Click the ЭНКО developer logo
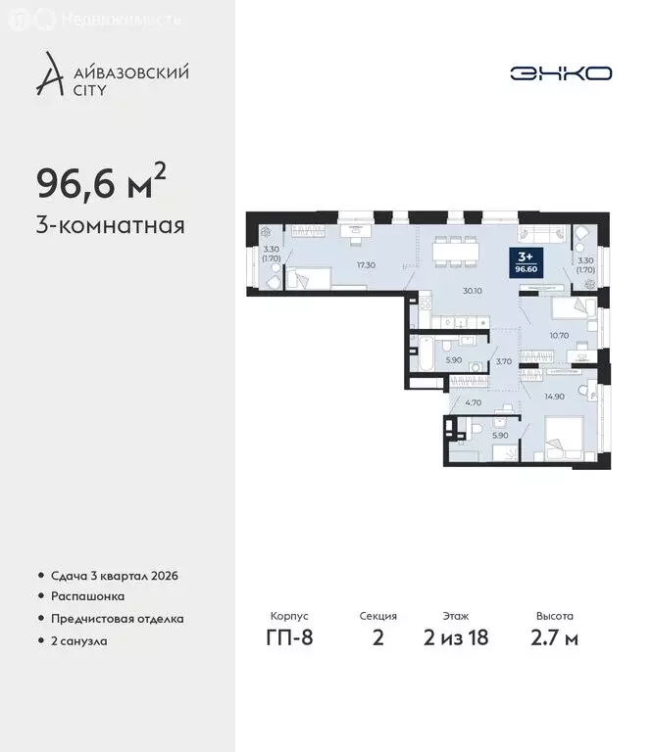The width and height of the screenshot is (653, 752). click(x=561, y=73)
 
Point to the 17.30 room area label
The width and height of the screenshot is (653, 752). click(x=339, y=265)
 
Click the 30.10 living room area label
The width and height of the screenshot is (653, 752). click(x=473, y=290)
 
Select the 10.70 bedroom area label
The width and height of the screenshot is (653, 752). click(x=559, y=336)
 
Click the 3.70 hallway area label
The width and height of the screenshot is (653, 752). click(x=503, y=361)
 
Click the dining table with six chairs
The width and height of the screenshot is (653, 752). click(x=456, y=251)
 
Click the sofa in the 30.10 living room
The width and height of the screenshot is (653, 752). click(x=539, y=235)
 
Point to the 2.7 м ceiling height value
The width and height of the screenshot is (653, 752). click(x=554, y=638)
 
